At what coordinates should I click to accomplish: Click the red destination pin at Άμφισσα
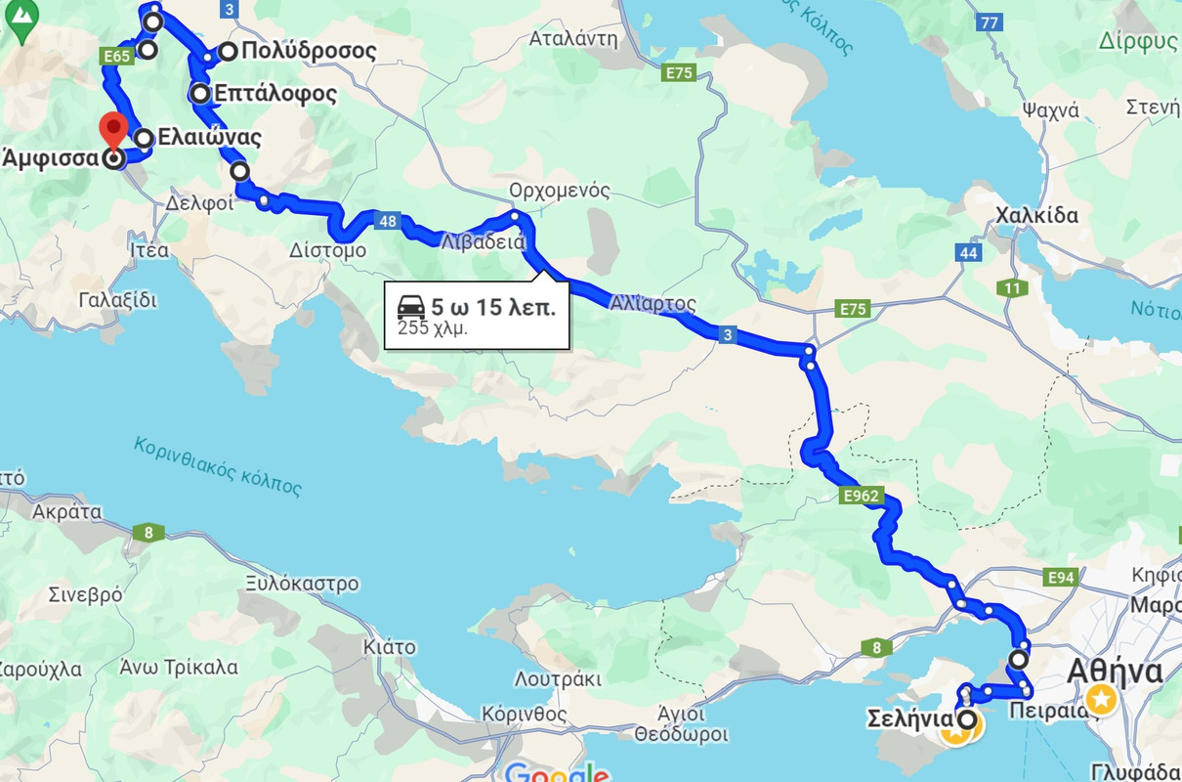click(114, 130)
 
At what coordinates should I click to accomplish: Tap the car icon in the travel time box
click(411, 308)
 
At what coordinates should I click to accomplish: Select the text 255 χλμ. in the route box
click(432, 328)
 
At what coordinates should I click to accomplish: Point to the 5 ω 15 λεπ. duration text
click(493, 307)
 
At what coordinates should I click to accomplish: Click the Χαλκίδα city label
click(1036, 215)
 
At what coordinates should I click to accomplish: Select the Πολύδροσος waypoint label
click(309, 51)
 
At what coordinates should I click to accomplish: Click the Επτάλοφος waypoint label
click(276, 94)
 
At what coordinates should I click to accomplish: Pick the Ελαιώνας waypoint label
click(212, 138)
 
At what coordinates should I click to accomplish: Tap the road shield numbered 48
click(388, 221)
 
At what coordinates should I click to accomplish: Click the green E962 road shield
click(861, 497)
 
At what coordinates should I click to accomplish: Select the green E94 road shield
click(1061, 578)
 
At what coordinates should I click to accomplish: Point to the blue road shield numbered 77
click(990, 22)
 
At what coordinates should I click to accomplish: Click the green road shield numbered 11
click(1012, 288)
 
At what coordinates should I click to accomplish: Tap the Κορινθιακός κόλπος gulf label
click(218, 465)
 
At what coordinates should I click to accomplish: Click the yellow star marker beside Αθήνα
click(1101, 699)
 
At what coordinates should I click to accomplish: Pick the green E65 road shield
click(116, 57)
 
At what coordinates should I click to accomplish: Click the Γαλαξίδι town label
click(116, 299)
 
